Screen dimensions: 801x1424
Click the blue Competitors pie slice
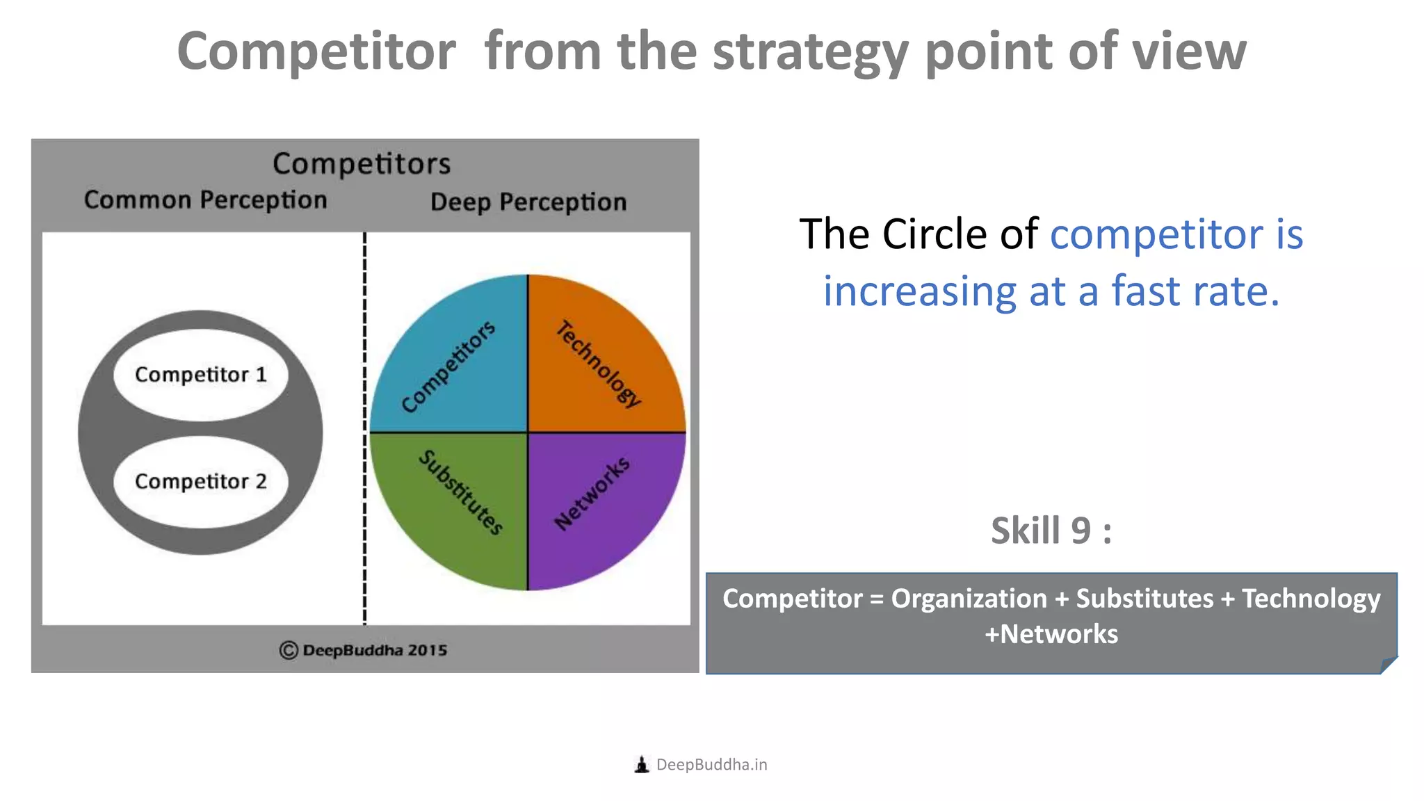pos(452,362)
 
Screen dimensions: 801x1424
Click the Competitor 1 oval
pos(201,375)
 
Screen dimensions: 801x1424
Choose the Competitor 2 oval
pos(201,481)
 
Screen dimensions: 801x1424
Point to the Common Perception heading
pos(205,200)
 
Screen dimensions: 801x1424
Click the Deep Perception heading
pos(528,202)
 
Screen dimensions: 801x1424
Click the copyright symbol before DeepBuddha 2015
pos(289,650)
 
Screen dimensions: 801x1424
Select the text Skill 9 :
pos(1051,531)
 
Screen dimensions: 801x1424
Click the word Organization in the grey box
pos(969,599)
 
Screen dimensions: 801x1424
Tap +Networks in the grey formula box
pos(1051,634)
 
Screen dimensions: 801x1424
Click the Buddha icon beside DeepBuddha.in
pos(642,765)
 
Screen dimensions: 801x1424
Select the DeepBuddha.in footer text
pos(711,765)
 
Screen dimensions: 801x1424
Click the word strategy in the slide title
pos(811,52)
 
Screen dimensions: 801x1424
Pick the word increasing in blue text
pos(919,291)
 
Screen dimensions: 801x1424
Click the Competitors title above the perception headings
pos(362,164)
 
